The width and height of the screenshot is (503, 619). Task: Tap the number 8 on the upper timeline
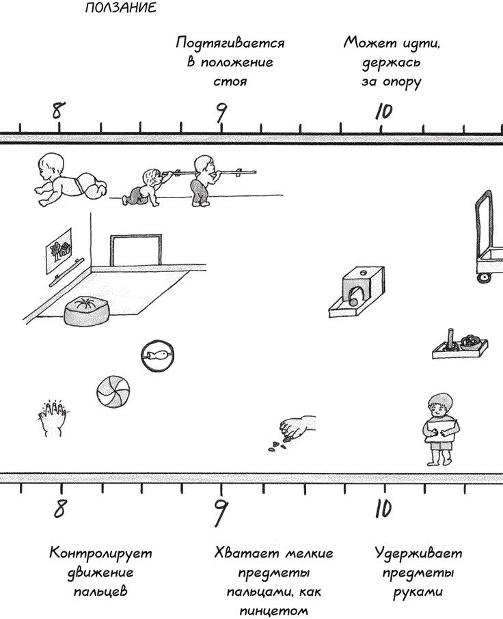58,109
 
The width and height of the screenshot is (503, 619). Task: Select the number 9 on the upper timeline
220,111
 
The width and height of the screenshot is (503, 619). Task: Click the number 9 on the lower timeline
220,508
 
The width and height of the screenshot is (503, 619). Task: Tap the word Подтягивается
230,44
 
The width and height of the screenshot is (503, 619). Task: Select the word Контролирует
100,553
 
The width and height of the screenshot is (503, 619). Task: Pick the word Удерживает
419,553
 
